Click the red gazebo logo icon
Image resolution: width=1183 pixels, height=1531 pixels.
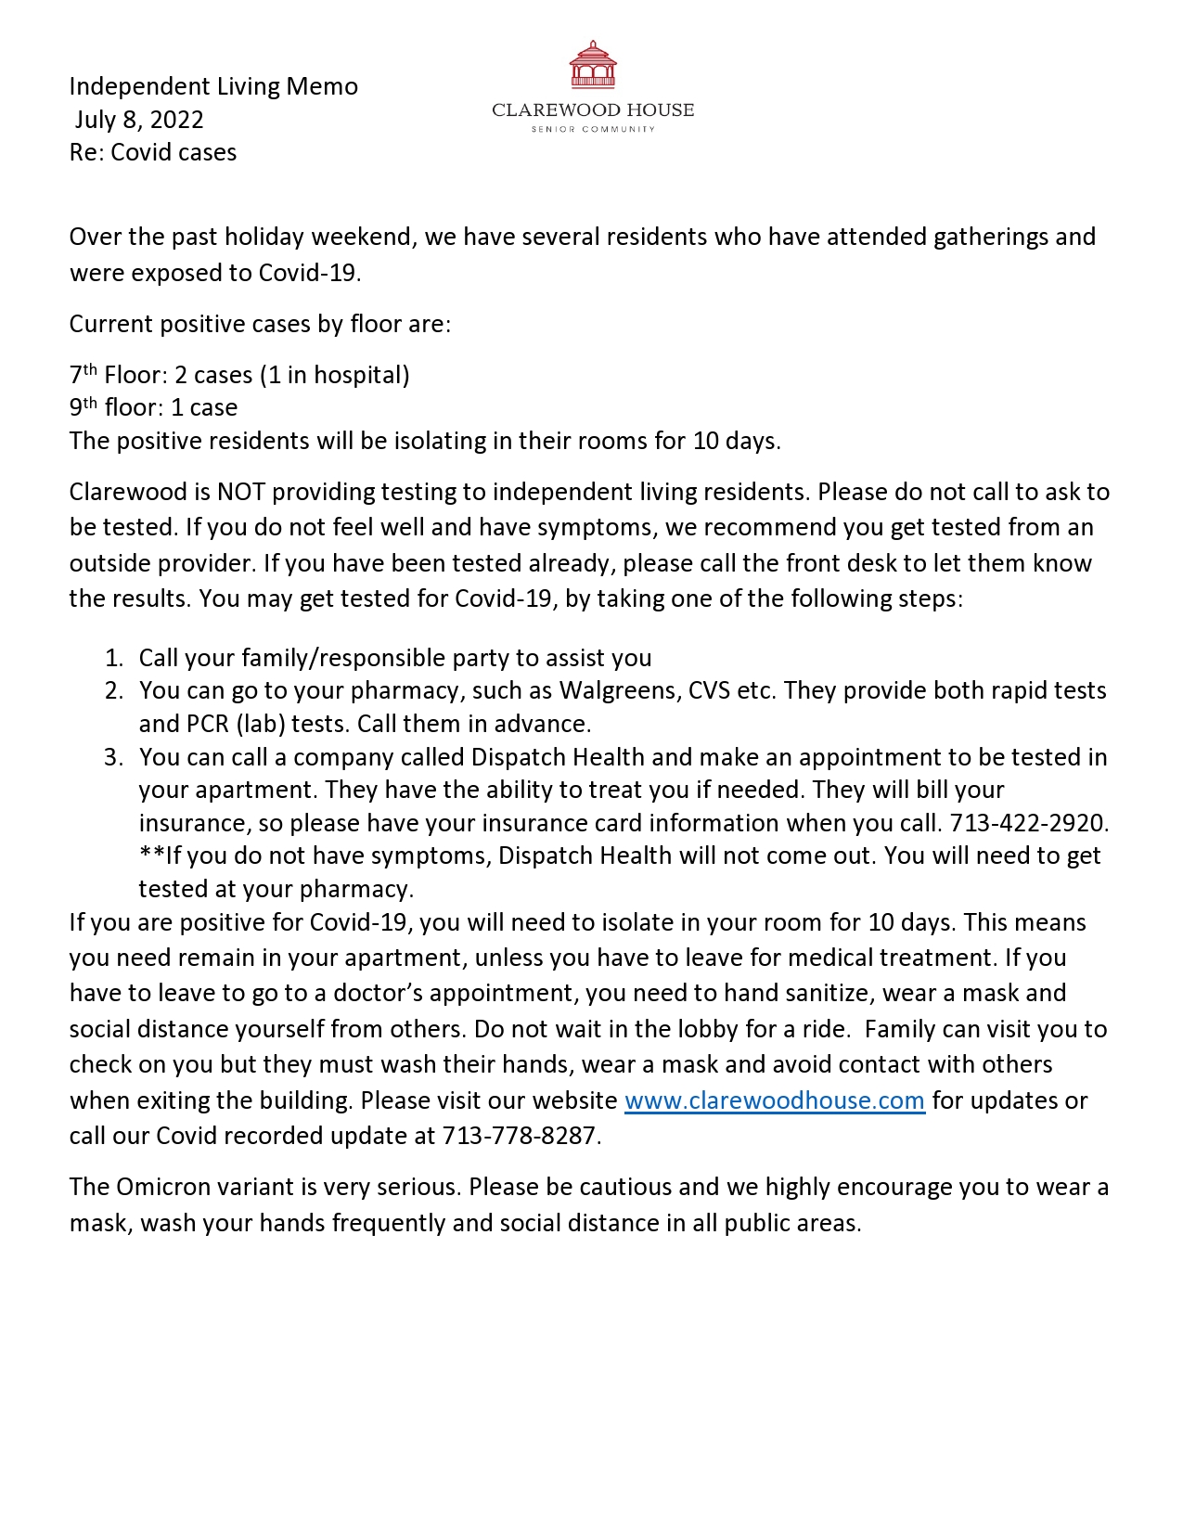tap(593, 64)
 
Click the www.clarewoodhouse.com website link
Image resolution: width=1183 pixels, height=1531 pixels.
tap(775, 1100)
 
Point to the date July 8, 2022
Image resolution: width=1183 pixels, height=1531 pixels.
tap(139, 120)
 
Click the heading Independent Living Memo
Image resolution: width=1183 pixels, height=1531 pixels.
tap(213, 86)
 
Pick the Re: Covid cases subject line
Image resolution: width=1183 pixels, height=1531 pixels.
tap(153, 152)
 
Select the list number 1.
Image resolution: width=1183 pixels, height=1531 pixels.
tap(114, 659)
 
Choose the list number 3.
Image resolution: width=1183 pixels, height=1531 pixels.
tap(114, 758)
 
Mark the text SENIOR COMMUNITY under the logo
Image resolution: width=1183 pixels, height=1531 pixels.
tap(593, 129)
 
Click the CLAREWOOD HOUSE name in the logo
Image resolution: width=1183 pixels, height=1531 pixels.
tap(593, 109)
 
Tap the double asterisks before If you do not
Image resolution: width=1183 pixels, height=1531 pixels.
tap(152, 856)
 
